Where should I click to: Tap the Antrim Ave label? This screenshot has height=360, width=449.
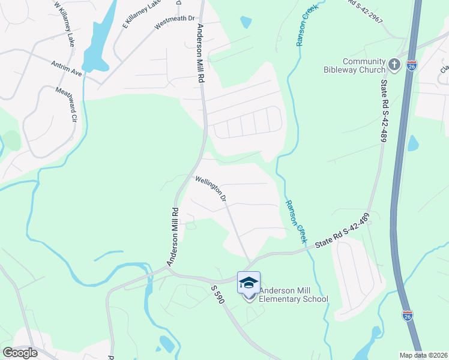click(67, 67)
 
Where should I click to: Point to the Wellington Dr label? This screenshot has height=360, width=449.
click(211, 188)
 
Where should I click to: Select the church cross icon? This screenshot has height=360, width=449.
click(394, 64)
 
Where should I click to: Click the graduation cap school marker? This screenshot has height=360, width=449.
click(249, 282)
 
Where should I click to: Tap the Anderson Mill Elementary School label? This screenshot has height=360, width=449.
click(294, 295)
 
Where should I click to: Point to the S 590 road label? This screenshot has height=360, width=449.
click(217, 296)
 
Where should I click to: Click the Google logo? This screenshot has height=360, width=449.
click(19, 353)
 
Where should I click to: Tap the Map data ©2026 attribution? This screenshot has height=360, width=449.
click(423, 355)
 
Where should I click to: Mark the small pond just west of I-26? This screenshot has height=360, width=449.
click(413, 143)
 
